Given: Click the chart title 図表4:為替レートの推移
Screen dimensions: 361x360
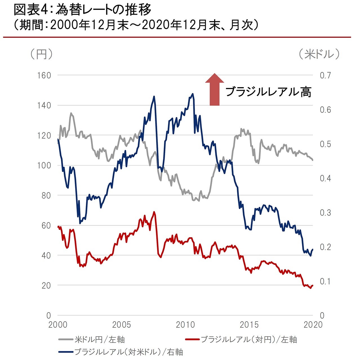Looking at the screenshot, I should pos(83,10).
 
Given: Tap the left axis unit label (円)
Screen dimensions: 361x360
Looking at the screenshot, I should pos(41,54).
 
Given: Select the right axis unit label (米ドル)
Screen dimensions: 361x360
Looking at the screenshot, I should pos(319,54).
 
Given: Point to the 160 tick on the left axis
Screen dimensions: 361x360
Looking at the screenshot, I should pos(44,76).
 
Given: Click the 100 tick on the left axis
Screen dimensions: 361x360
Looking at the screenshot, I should pos(44,165).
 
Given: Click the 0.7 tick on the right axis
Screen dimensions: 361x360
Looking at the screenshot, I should pos(325,76).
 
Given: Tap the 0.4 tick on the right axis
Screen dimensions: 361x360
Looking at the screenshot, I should pos(325,178).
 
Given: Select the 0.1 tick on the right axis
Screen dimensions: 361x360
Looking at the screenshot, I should pos(325,281).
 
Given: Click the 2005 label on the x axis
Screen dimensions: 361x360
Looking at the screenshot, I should pos(121,325).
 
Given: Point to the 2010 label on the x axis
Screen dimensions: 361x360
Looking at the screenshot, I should pos(185,325).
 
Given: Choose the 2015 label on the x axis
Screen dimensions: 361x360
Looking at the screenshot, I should pos(249,325).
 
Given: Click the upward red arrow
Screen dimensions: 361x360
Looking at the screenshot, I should pos(214,89).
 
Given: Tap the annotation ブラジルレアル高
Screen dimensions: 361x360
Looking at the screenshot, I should pos(268,92).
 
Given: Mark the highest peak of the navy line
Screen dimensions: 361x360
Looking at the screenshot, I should pos(193,94).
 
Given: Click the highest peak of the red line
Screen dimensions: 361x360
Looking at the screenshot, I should pos(154,212).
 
